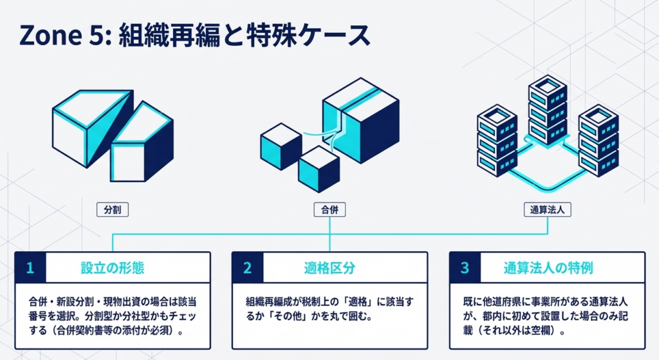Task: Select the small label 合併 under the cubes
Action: point(329,209)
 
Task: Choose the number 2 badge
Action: point(247,267)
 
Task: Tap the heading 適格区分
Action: point(329,267)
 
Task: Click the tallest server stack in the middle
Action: point(547,109)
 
